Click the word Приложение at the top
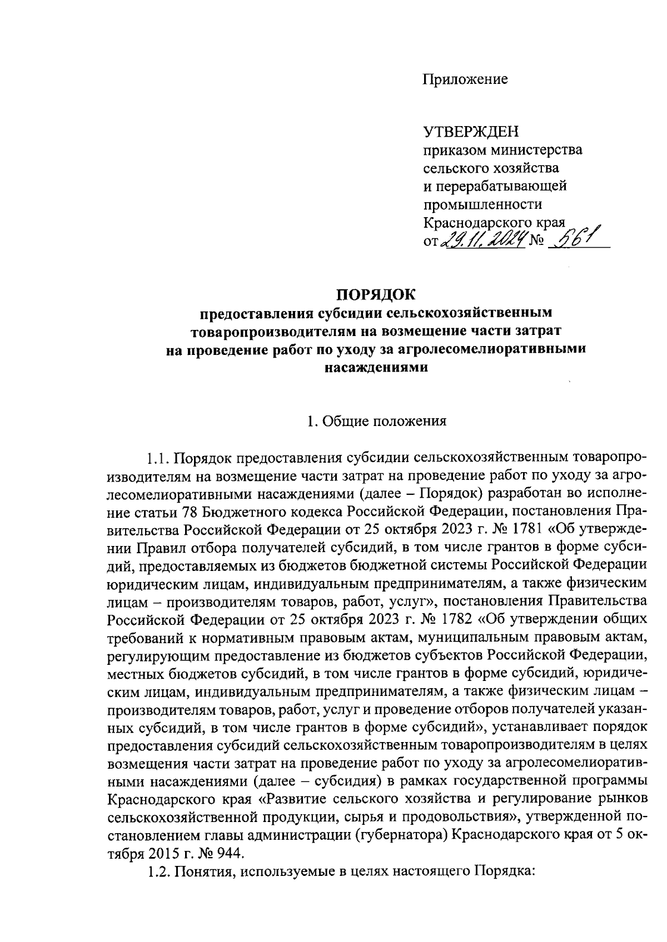click(465, 79)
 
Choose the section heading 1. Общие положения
click(377, 421)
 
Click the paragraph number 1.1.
click(158, 458)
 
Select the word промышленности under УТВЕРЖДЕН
click(482, 204)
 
